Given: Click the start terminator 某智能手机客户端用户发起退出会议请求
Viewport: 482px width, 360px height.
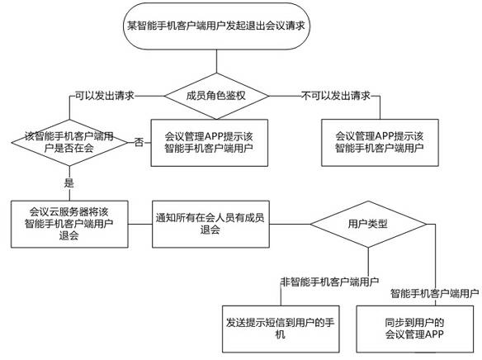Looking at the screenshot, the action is click(216, 26).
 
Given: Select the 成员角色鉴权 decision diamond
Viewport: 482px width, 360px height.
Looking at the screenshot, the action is click(216, 96).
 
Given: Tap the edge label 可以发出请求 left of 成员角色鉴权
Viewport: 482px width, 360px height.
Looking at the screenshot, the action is click(105, 96).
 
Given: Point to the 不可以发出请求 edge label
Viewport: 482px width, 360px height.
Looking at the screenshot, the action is click(336, 96).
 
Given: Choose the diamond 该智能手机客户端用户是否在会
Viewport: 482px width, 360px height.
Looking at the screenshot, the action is click(69, 143).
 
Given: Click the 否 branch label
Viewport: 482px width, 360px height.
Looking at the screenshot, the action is click(139, 142).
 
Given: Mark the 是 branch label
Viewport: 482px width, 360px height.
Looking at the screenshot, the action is click(69, 182).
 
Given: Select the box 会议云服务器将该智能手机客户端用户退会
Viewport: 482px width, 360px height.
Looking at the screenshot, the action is click(69, 224).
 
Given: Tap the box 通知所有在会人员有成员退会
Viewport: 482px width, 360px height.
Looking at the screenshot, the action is click(210, 224).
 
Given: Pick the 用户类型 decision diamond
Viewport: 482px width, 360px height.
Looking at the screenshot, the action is click(368, 224).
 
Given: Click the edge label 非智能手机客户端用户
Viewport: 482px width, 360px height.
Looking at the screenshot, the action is click(329, 282).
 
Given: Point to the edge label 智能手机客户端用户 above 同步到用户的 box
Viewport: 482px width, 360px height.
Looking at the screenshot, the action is click(435, 293).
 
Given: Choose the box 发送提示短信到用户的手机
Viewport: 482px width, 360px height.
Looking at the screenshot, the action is click(281, 329).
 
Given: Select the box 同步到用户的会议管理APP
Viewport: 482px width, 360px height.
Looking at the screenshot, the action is click(414, 329).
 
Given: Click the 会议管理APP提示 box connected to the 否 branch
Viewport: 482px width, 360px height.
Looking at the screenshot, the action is click(209, 143).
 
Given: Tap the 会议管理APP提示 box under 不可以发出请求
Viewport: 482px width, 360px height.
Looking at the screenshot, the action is click(380, 143).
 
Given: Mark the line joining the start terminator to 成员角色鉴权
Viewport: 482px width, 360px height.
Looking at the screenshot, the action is click(216, 61).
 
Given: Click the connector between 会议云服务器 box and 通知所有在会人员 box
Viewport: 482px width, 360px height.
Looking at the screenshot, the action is click(140, 224).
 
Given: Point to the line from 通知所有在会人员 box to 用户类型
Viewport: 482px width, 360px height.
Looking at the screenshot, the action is click(290, 224).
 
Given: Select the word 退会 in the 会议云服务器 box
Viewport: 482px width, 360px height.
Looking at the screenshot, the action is click(69, 236).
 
